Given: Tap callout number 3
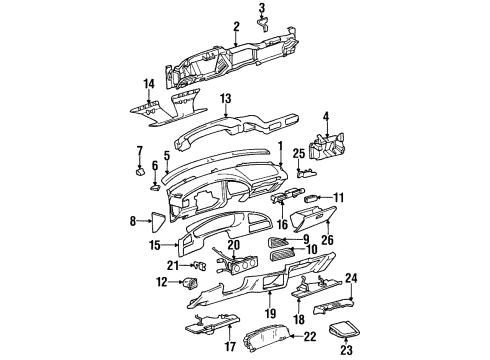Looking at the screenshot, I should click(262, 8).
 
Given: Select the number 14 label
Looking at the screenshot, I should click(147, 82).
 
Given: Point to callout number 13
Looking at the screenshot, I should click(226, 98).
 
